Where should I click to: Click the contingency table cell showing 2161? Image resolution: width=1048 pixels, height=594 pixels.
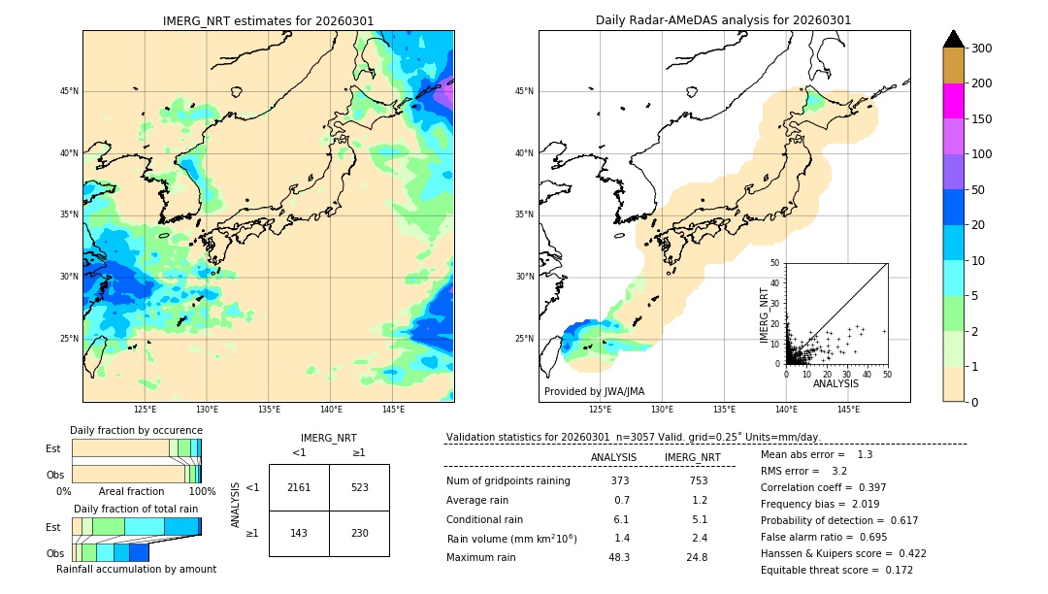pos(299,487)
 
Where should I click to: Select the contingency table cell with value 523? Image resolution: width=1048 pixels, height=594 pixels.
pos(359,487)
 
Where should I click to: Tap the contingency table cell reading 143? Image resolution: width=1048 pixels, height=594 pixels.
pos(299,533)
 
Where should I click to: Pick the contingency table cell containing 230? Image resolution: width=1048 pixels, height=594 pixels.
pos(359,533)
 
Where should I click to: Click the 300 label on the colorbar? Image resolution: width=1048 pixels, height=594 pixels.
pos(983,49)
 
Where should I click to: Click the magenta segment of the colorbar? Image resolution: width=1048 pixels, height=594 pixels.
pos(954,101)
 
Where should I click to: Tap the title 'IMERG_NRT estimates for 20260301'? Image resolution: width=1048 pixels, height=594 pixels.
pos(268,20)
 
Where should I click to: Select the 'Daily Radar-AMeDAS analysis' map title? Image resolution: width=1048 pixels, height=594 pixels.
pos(723,20)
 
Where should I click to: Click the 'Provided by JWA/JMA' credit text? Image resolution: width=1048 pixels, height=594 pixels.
pos(594,391)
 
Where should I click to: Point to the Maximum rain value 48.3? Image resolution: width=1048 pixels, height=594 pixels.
pos(618,557)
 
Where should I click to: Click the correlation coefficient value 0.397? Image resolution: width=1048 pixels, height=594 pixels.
pos(869,487)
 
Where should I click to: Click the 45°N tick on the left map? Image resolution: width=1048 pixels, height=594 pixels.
pos(69,91)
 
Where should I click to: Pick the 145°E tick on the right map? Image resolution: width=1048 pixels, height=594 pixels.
pos(848,410)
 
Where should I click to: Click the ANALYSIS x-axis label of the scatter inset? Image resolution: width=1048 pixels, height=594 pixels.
pos(835,384)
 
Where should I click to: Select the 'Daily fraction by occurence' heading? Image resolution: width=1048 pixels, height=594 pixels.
pos(136,430)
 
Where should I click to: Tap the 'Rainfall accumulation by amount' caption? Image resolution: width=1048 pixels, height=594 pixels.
pos(136,569)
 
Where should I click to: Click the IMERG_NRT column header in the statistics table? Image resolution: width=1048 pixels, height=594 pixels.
pos(692,457)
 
